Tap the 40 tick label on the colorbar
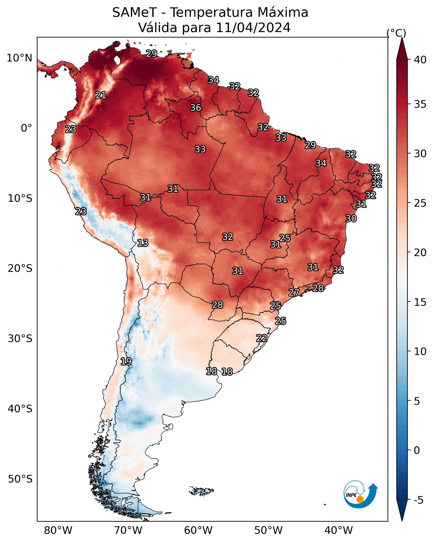[x=420, y=60]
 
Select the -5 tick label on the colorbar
[x=419, y=500]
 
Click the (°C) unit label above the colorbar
[x=396, y=33]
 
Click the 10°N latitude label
[x=19, y=58]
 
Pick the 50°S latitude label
[x=20, y=479]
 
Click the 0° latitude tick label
[x=26, y=128]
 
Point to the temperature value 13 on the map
[x=143, y=243]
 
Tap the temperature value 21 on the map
[x=101, y=95]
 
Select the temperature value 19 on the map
[x=126, y=362]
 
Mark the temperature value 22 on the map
[x=262, y=338]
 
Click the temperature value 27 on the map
[x=294, y=293]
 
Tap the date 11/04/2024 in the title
[x=253, y=28]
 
